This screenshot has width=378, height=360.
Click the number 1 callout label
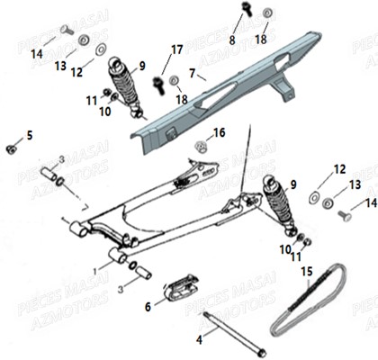pos(96,269)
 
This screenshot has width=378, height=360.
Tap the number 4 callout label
pos(200,340)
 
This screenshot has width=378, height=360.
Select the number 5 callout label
pos(29,135)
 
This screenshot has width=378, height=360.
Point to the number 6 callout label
pos(148,306)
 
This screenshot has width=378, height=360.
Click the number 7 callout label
pos(192,69)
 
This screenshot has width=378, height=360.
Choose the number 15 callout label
pos(306,270)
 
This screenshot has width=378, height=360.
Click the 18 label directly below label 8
pos(261,40)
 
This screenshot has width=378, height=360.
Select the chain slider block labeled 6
pos(178,290)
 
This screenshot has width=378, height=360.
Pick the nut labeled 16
pos(200,145)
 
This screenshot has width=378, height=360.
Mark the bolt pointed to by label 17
pos(159,84)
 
